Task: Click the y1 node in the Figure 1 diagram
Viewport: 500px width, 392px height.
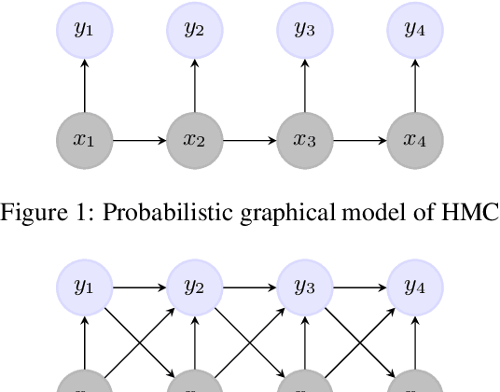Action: pyautogui.click(x=85, y=30)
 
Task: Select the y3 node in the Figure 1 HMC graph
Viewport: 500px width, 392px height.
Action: pyautogui.click(x=304, y=30)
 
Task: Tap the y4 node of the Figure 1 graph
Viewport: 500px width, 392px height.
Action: pyautogui.click(x=414, y=30)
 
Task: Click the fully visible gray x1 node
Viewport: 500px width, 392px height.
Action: pyautogui.click(x=85, y=141)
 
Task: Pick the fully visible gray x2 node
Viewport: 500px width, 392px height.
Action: pyautogui.click(x=194, y=141)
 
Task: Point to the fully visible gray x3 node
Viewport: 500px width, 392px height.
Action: pyautogui.click(x=304, y=141)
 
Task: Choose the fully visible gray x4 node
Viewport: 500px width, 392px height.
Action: pyautogui.click(x=414, y=141)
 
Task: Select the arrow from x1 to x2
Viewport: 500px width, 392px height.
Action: pyautogui.click(x=140, y=141)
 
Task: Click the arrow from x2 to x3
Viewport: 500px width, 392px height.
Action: pyautogui.click(x=249, y=141)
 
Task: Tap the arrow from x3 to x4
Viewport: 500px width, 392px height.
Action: pyautogui.click(x=359, y=141)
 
